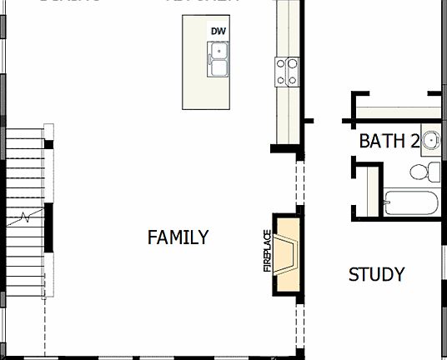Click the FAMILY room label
coord(178,237)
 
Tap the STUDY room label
coord(376,275)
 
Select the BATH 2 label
coord(389,141)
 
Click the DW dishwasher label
coord(218,32)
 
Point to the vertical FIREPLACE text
coord(268,251)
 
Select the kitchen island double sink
coord(219,60)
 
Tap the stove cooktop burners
coord(287,72)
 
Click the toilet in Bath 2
coord(427,172)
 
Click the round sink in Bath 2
coord(430,139)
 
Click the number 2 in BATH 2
coord(414,141)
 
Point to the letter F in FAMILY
coord(152,237)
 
